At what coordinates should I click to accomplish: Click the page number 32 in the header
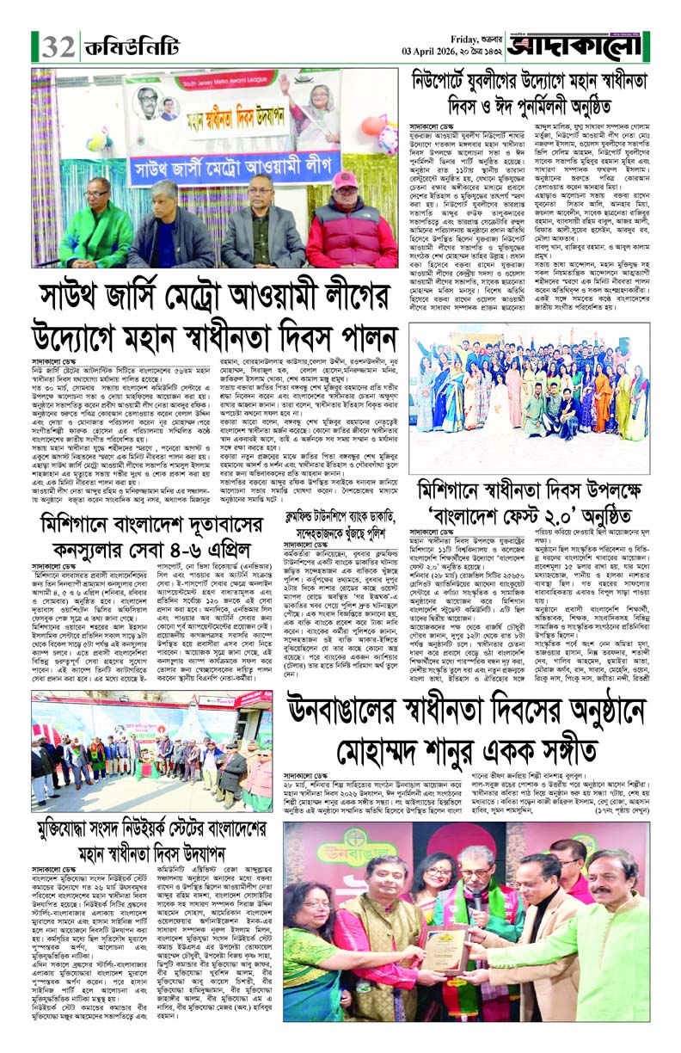pyautogui.click(x=58, y=44)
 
